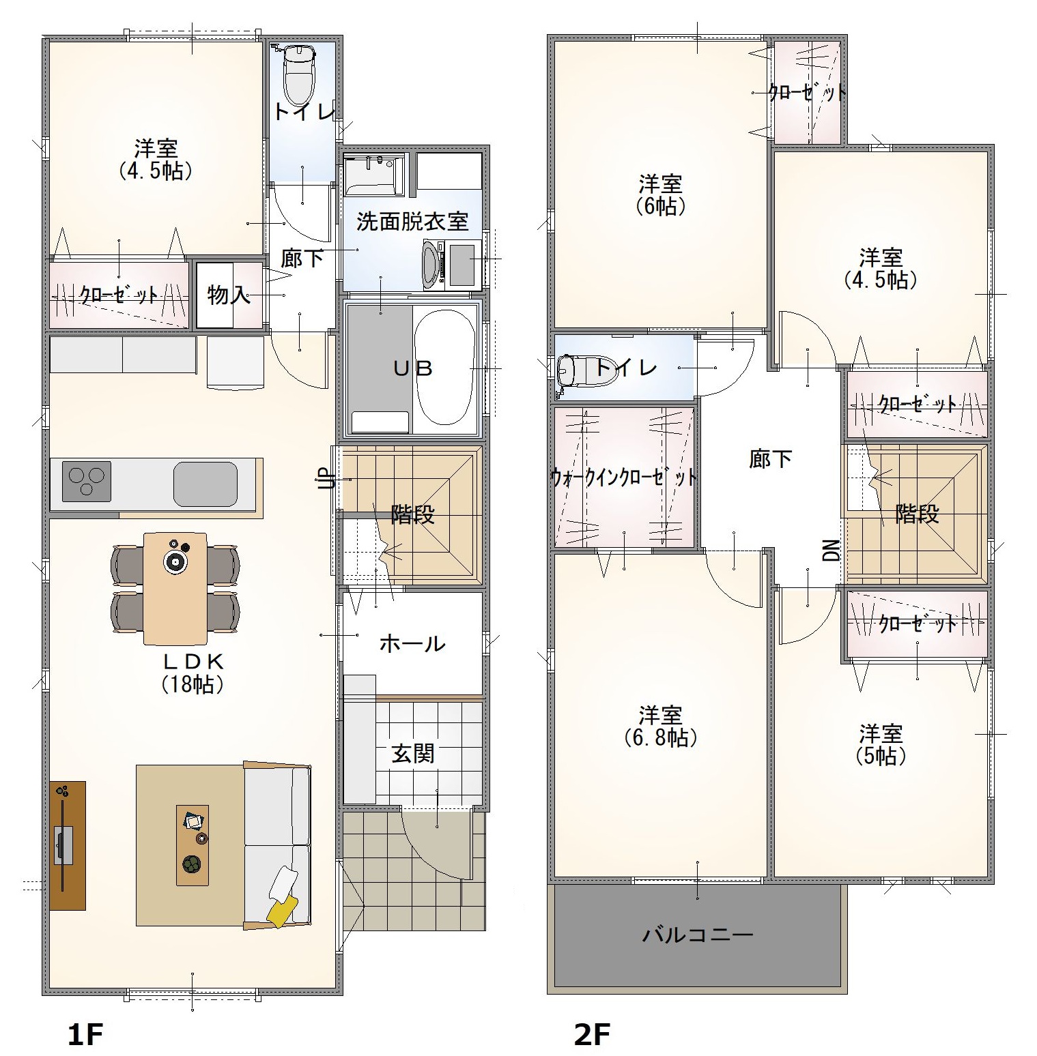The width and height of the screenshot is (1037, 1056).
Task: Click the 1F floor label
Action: point(85,1035)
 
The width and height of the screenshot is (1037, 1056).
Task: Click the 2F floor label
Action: point(591,1035)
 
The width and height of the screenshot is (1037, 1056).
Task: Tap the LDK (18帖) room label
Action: point(193,672)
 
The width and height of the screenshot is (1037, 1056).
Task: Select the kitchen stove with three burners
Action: point(87,481)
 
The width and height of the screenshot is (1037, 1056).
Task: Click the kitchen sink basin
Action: point(205,483)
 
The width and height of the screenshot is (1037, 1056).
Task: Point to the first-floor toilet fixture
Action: point(298,72)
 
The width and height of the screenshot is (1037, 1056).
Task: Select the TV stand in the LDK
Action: point(68,845)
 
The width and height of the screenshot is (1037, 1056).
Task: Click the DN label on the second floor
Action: point(831,550)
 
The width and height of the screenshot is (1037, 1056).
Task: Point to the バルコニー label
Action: point(698,934)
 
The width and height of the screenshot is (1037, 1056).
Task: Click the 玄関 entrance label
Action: point(413,753)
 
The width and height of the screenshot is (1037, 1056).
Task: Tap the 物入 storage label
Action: point(228,295)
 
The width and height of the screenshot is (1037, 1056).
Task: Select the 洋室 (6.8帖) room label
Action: point(661,727)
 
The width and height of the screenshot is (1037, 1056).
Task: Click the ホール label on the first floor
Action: point(412,643)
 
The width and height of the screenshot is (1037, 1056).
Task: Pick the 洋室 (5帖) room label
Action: point(881,745)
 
